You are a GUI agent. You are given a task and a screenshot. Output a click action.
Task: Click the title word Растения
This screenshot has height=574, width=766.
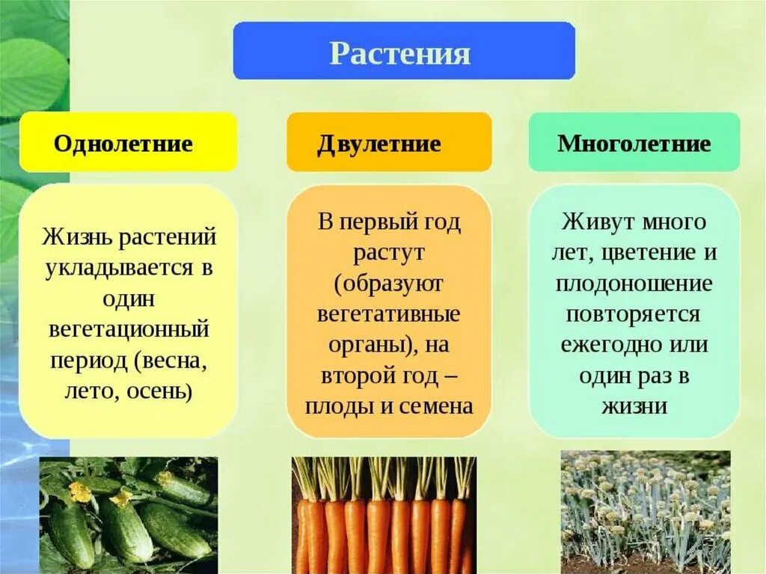[x=400, y=54]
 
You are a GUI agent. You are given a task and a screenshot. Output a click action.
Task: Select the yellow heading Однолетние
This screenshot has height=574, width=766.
[x=123, y=144]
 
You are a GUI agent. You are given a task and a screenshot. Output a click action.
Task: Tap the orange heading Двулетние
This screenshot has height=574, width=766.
[x=379, y=144]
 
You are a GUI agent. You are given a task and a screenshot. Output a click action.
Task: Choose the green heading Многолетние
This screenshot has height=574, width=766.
[x=634, y=144]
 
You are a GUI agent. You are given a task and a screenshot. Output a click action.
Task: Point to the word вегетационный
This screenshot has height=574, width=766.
[x=129, y=329]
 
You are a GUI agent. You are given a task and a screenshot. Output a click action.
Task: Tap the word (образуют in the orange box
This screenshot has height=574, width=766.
[x=388, y=284]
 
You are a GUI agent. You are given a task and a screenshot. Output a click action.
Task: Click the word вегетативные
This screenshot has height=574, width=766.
[x=388, y=314]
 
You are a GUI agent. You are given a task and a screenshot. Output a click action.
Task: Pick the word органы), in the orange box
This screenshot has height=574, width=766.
[x=370, y=345]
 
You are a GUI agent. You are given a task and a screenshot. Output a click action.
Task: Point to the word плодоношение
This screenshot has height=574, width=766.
[x=634, y=284]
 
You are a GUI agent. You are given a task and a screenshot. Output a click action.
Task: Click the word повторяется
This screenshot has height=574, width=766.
[x=634, y=314]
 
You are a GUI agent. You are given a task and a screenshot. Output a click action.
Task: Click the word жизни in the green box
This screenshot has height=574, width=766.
[x=634, y=406]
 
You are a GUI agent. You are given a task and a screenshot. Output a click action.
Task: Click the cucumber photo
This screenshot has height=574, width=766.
[x=129, y=515]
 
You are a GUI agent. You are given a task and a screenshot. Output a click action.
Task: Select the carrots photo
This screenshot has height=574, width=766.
[x=383, y=515]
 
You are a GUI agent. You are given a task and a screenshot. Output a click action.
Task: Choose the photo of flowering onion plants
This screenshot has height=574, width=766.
[x=645, y=512]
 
